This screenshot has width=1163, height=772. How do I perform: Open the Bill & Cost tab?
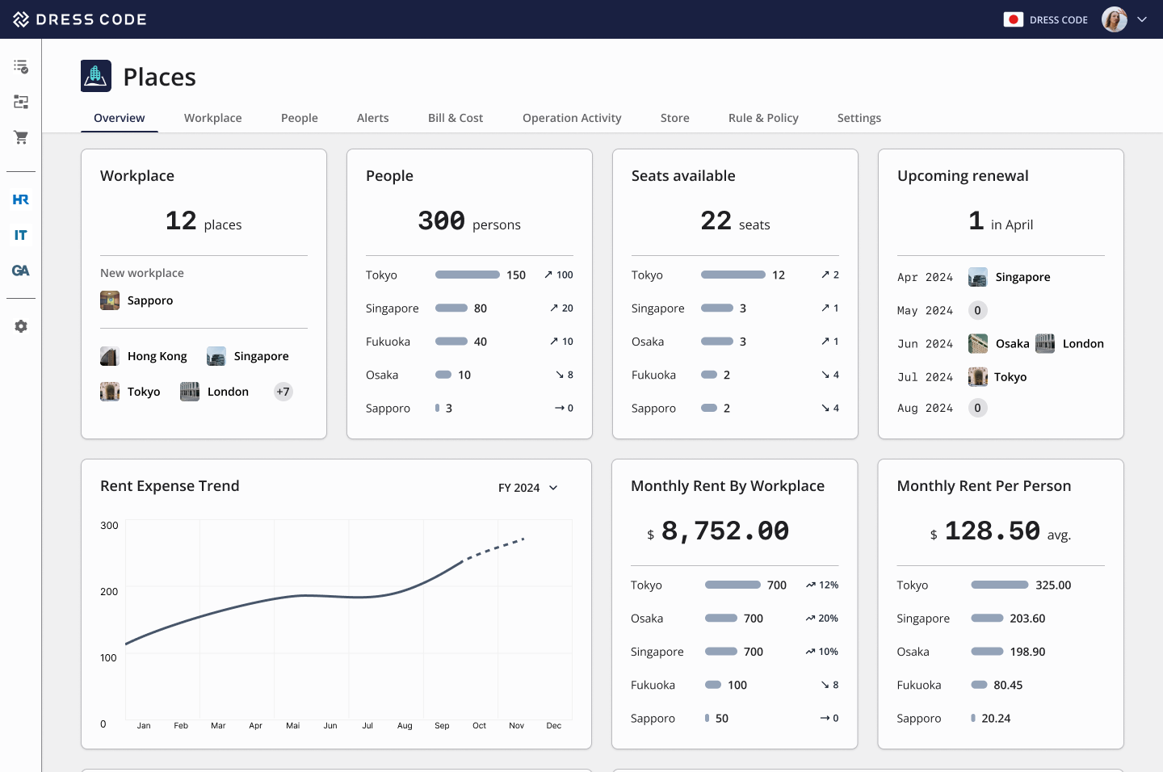(x=455, y=118)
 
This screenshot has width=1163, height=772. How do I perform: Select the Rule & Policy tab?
(x=762, y=118)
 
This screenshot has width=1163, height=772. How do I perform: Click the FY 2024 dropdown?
(x=527, y=488)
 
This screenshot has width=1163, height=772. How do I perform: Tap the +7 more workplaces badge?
(x=283, y=392)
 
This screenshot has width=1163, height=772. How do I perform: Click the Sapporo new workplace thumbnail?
(x=110, y=300)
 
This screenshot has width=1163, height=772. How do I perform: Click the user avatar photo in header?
(x=1114, y=19)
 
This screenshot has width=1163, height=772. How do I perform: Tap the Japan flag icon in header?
(x=1013, y=19)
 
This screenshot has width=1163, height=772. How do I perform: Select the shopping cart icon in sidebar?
(x=21, y=137)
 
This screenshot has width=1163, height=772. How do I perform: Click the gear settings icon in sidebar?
(x=21, y=326)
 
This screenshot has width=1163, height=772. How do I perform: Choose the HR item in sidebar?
(x=21, y=199)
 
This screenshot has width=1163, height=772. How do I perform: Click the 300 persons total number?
(x=441, y=220)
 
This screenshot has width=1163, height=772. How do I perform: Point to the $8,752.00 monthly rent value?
(x=724, y=531)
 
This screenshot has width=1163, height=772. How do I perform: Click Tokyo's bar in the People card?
(x=467, y=275)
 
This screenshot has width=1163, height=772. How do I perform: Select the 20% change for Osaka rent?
(x=822, y=619)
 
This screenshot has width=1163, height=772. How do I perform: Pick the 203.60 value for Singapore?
(x=1027, y=619)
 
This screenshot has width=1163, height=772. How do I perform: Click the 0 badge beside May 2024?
(x=977, y=310)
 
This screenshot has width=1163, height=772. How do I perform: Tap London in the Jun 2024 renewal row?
(x=1082, y=344)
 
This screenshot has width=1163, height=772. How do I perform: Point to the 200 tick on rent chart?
(x=109, y=592)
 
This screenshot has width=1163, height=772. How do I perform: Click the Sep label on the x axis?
(x=442, y=726)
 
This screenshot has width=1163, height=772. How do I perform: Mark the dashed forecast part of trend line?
(x=494, y=548)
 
